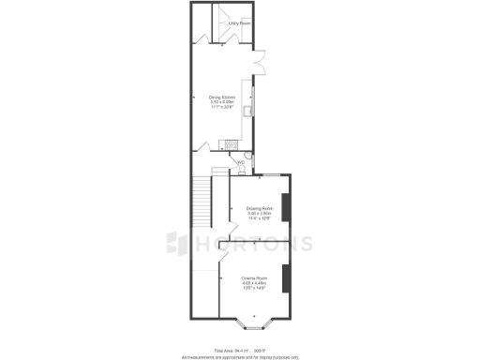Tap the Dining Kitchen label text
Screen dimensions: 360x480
coord(221,97)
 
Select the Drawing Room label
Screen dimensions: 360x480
coord(259,208)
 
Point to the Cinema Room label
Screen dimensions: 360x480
coord(255,277)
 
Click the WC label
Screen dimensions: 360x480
coord(240,162)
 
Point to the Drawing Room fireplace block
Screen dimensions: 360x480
coord(287,206)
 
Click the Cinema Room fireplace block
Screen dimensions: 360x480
coord(286,278)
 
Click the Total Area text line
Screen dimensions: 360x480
coord(240,350)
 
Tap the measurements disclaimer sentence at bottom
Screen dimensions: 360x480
coord(240,356)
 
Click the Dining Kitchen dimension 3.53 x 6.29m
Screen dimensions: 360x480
coord(221,101)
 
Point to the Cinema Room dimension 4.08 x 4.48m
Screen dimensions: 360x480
coord(255,283)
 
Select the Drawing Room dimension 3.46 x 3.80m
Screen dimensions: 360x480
coord(259,214)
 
